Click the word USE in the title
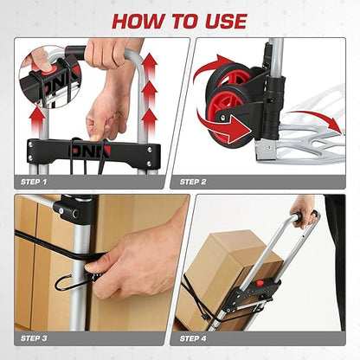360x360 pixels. (x=226, y=21)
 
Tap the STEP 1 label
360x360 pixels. (x=34, y=182)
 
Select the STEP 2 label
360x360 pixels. (x=193, y=182)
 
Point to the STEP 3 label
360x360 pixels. (x=34, y=338)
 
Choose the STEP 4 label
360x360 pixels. (x=193, y=338)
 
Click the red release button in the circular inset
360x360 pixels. (x=46, y=72)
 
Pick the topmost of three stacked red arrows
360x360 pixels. (x=149, y=64)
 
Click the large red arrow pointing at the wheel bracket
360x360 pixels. (x=223, y=127)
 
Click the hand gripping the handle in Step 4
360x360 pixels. (x=302, y=210)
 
